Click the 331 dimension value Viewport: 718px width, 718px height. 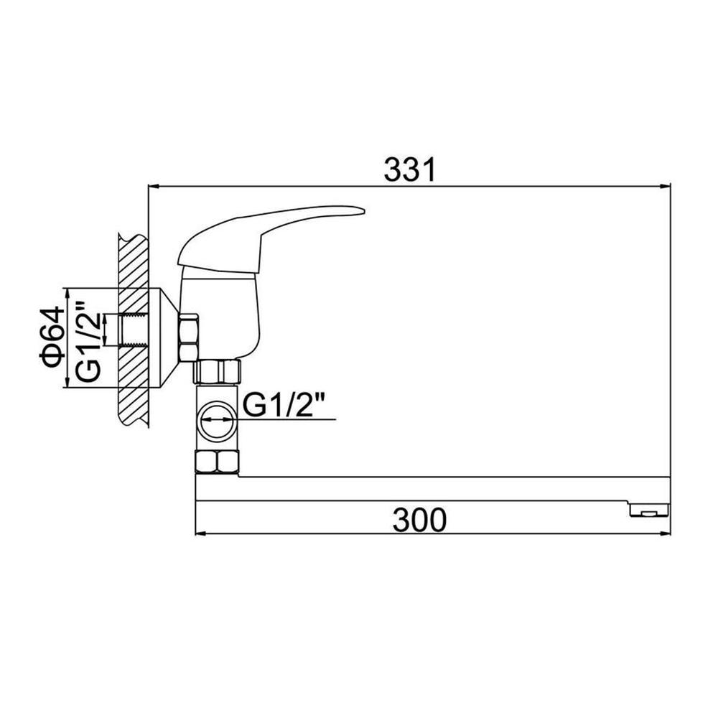pyautogui.click(x=410, y=169)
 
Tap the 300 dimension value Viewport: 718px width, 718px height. pyautogui.click(x=419, y=520)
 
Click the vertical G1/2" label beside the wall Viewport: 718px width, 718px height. pyautogui.click(x=88, y=341)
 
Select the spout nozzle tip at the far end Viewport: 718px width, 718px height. pyautogui.click(x=649, y=510)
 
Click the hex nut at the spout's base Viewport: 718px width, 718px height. pyautogui.click(x=217, y=462)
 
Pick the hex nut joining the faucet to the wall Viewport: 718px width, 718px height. pyautogui.click(x=188, y=337)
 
